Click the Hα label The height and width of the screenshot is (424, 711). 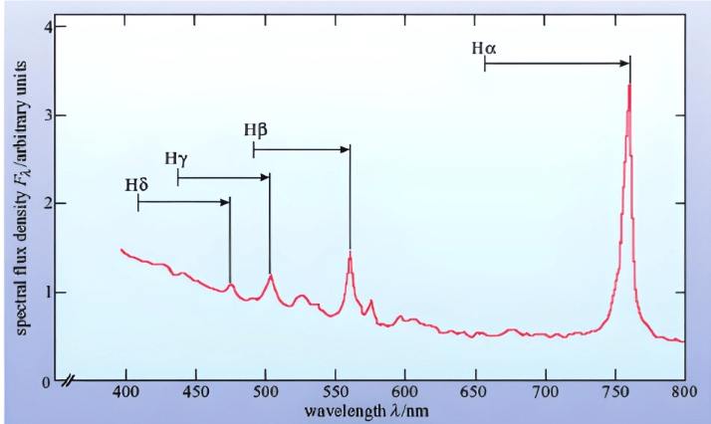click(483, 46)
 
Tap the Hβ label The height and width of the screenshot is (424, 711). click(255, 130)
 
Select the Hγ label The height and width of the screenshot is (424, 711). click(175, 157)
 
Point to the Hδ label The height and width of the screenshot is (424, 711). click(136, 184)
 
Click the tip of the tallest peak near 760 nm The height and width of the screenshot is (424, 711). click(629, 86)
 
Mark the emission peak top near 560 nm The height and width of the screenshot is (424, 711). click(350, 252)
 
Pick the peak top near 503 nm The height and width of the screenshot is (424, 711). click(270, 274)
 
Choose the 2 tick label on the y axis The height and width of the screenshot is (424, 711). click(47, 203)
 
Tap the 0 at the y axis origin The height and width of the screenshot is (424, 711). click(47, 382)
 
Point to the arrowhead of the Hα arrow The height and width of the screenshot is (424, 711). click(626, 64)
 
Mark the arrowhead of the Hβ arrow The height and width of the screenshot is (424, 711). click(347, 149)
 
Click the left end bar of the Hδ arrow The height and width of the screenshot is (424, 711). click(138, 202)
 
